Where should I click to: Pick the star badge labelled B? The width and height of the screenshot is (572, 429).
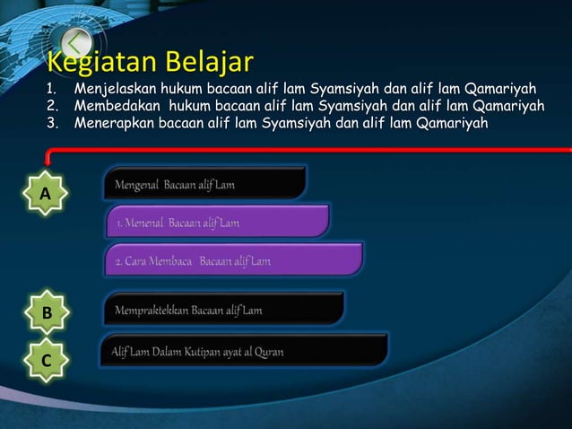46,312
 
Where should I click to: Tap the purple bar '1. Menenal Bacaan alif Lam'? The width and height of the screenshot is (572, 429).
217,222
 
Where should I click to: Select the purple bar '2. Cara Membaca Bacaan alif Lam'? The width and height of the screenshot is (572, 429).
233,260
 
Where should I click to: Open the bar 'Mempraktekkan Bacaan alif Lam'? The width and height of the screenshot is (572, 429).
224,310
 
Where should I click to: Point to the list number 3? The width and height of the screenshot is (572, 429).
51,123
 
